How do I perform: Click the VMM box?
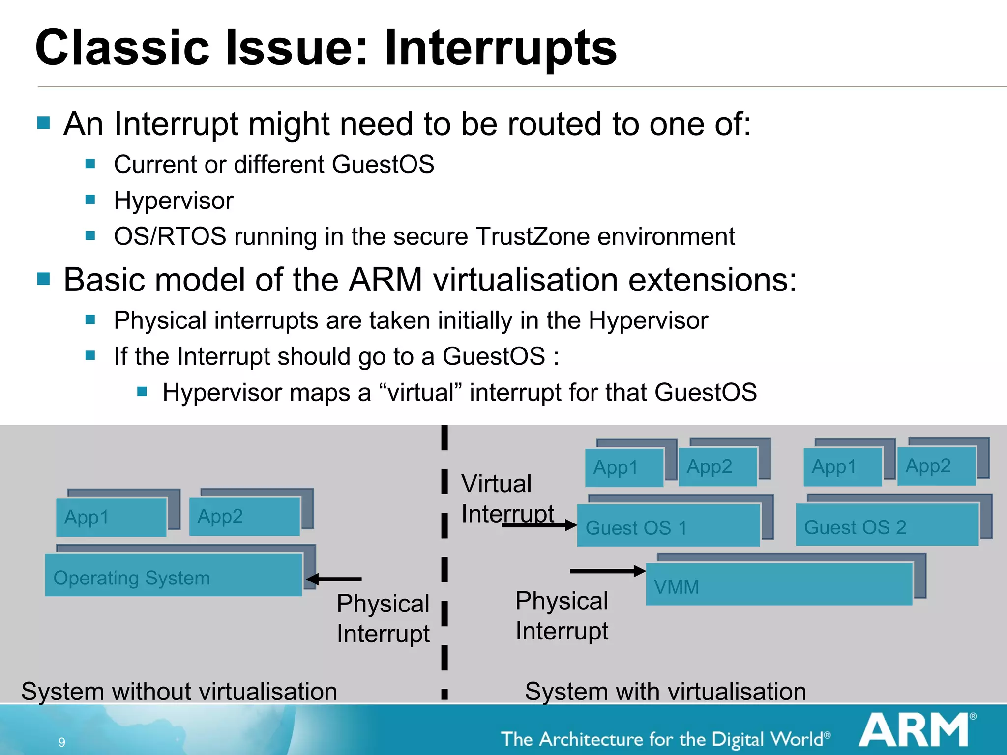779,584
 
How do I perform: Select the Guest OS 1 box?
668,525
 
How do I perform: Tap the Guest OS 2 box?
887,525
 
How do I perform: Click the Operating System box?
173,575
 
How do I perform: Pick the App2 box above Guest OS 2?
936,466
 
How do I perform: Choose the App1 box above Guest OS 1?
624,467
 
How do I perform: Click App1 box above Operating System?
111,517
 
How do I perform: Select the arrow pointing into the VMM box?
608,571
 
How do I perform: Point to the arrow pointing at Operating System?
334,579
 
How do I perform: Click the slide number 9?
62,742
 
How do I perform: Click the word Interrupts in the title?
500,48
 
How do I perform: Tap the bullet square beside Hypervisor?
90,200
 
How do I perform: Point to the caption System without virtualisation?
179,691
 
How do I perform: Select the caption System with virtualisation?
665,691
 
